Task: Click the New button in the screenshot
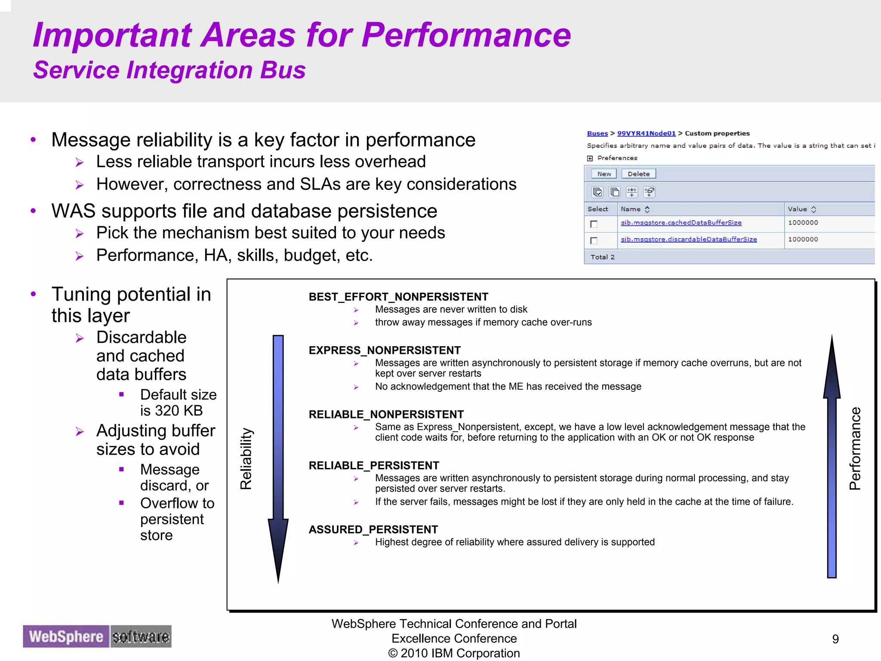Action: [604, 174]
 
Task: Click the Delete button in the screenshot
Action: [638, 174]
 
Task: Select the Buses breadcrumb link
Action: [597, 133]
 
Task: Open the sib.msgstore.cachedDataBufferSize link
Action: [681, 222]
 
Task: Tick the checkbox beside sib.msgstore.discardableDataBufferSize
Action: [594, 240]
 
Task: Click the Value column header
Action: [797, 209]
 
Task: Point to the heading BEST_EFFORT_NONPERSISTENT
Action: [398, 297]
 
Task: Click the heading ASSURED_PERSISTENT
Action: [373, 529]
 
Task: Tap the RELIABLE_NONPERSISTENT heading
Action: [386, 414]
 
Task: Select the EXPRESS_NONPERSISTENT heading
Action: [384, 350]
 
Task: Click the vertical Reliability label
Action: [246, 458]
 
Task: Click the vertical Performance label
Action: [855, 449]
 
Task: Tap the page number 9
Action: [835, 639]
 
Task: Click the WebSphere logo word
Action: [66, 636]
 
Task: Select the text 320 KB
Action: [179, 411]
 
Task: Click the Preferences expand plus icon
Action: [590, 158]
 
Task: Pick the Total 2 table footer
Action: [602, 257]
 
